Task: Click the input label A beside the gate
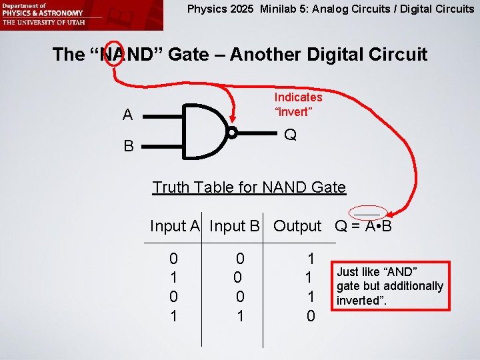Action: pos(127,115)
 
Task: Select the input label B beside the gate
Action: pos(127,145)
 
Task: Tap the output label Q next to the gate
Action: pos(290,135)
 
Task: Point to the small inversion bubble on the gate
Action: pos(232,133)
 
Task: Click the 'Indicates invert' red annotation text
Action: pos(297,104)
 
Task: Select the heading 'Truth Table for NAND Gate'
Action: pos(249,187)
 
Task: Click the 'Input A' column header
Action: pos(175,226)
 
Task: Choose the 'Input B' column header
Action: pos(234,226)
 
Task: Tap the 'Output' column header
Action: pos(297,226)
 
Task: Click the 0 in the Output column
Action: pos(310,316)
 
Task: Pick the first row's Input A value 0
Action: pos(173,257)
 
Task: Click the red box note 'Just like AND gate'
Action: pos(389,286)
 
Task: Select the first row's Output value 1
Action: pos(310,257)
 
